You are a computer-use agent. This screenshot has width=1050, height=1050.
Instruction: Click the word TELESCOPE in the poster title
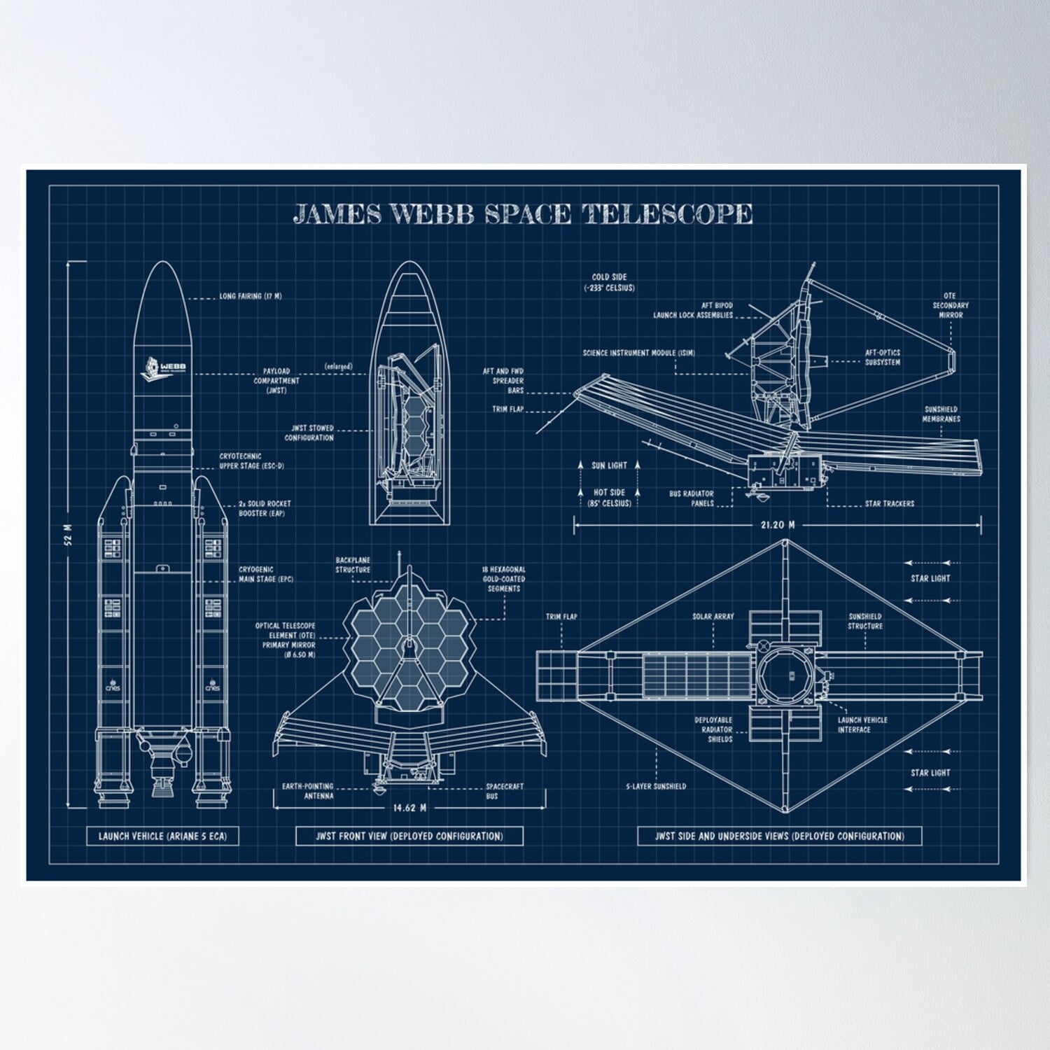point(667,213)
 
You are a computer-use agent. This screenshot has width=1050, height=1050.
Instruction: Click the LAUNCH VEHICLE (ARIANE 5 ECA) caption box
point(162,836)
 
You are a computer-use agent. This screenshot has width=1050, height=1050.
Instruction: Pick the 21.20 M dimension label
point(777,524)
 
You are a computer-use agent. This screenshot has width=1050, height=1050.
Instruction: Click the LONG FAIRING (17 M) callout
point(250,296)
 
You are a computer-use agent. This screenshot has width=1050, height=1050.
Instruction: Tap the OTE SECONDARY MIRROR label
point(950,305)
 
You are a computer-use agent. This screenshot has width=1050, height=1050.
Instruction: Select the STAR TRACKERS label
point(889,503)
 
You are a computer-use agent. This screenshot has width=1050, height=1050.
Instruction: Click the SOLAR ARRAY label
point(713,617)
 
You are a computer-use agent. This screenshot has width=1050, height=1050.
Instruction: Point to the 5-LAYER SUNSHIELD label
point(656,786)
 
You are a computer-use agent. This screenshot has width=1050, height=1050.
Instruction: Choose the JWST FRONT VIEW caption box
point(409,836)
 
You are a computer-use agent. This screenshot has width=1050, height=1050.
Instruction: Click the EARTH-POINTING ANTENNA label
point(307,791)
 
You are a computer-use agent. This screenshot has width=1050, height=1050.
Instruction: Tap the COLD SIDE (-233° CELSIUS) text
point(609,282)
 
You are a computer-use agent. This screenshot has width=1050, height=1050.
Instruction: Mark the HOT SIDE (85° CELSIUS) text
point(609,498)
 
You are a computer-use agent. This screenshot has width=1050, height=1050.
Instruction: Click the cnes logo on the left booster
point(113,687)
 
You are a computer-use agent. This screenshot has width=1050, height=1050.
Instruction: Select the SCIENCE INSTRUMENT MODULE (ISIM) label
point(638,353)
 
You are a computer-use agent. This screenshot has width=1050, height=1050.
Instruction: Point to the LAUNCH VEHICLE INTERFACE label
point(862,724)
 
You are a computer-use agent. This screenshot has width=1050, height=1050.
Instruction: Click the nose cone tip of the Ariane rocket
point(162,264)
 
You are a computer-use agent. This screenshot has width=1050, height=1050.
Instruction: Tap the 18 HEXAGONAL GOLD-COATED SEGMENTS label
point(503,579)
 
